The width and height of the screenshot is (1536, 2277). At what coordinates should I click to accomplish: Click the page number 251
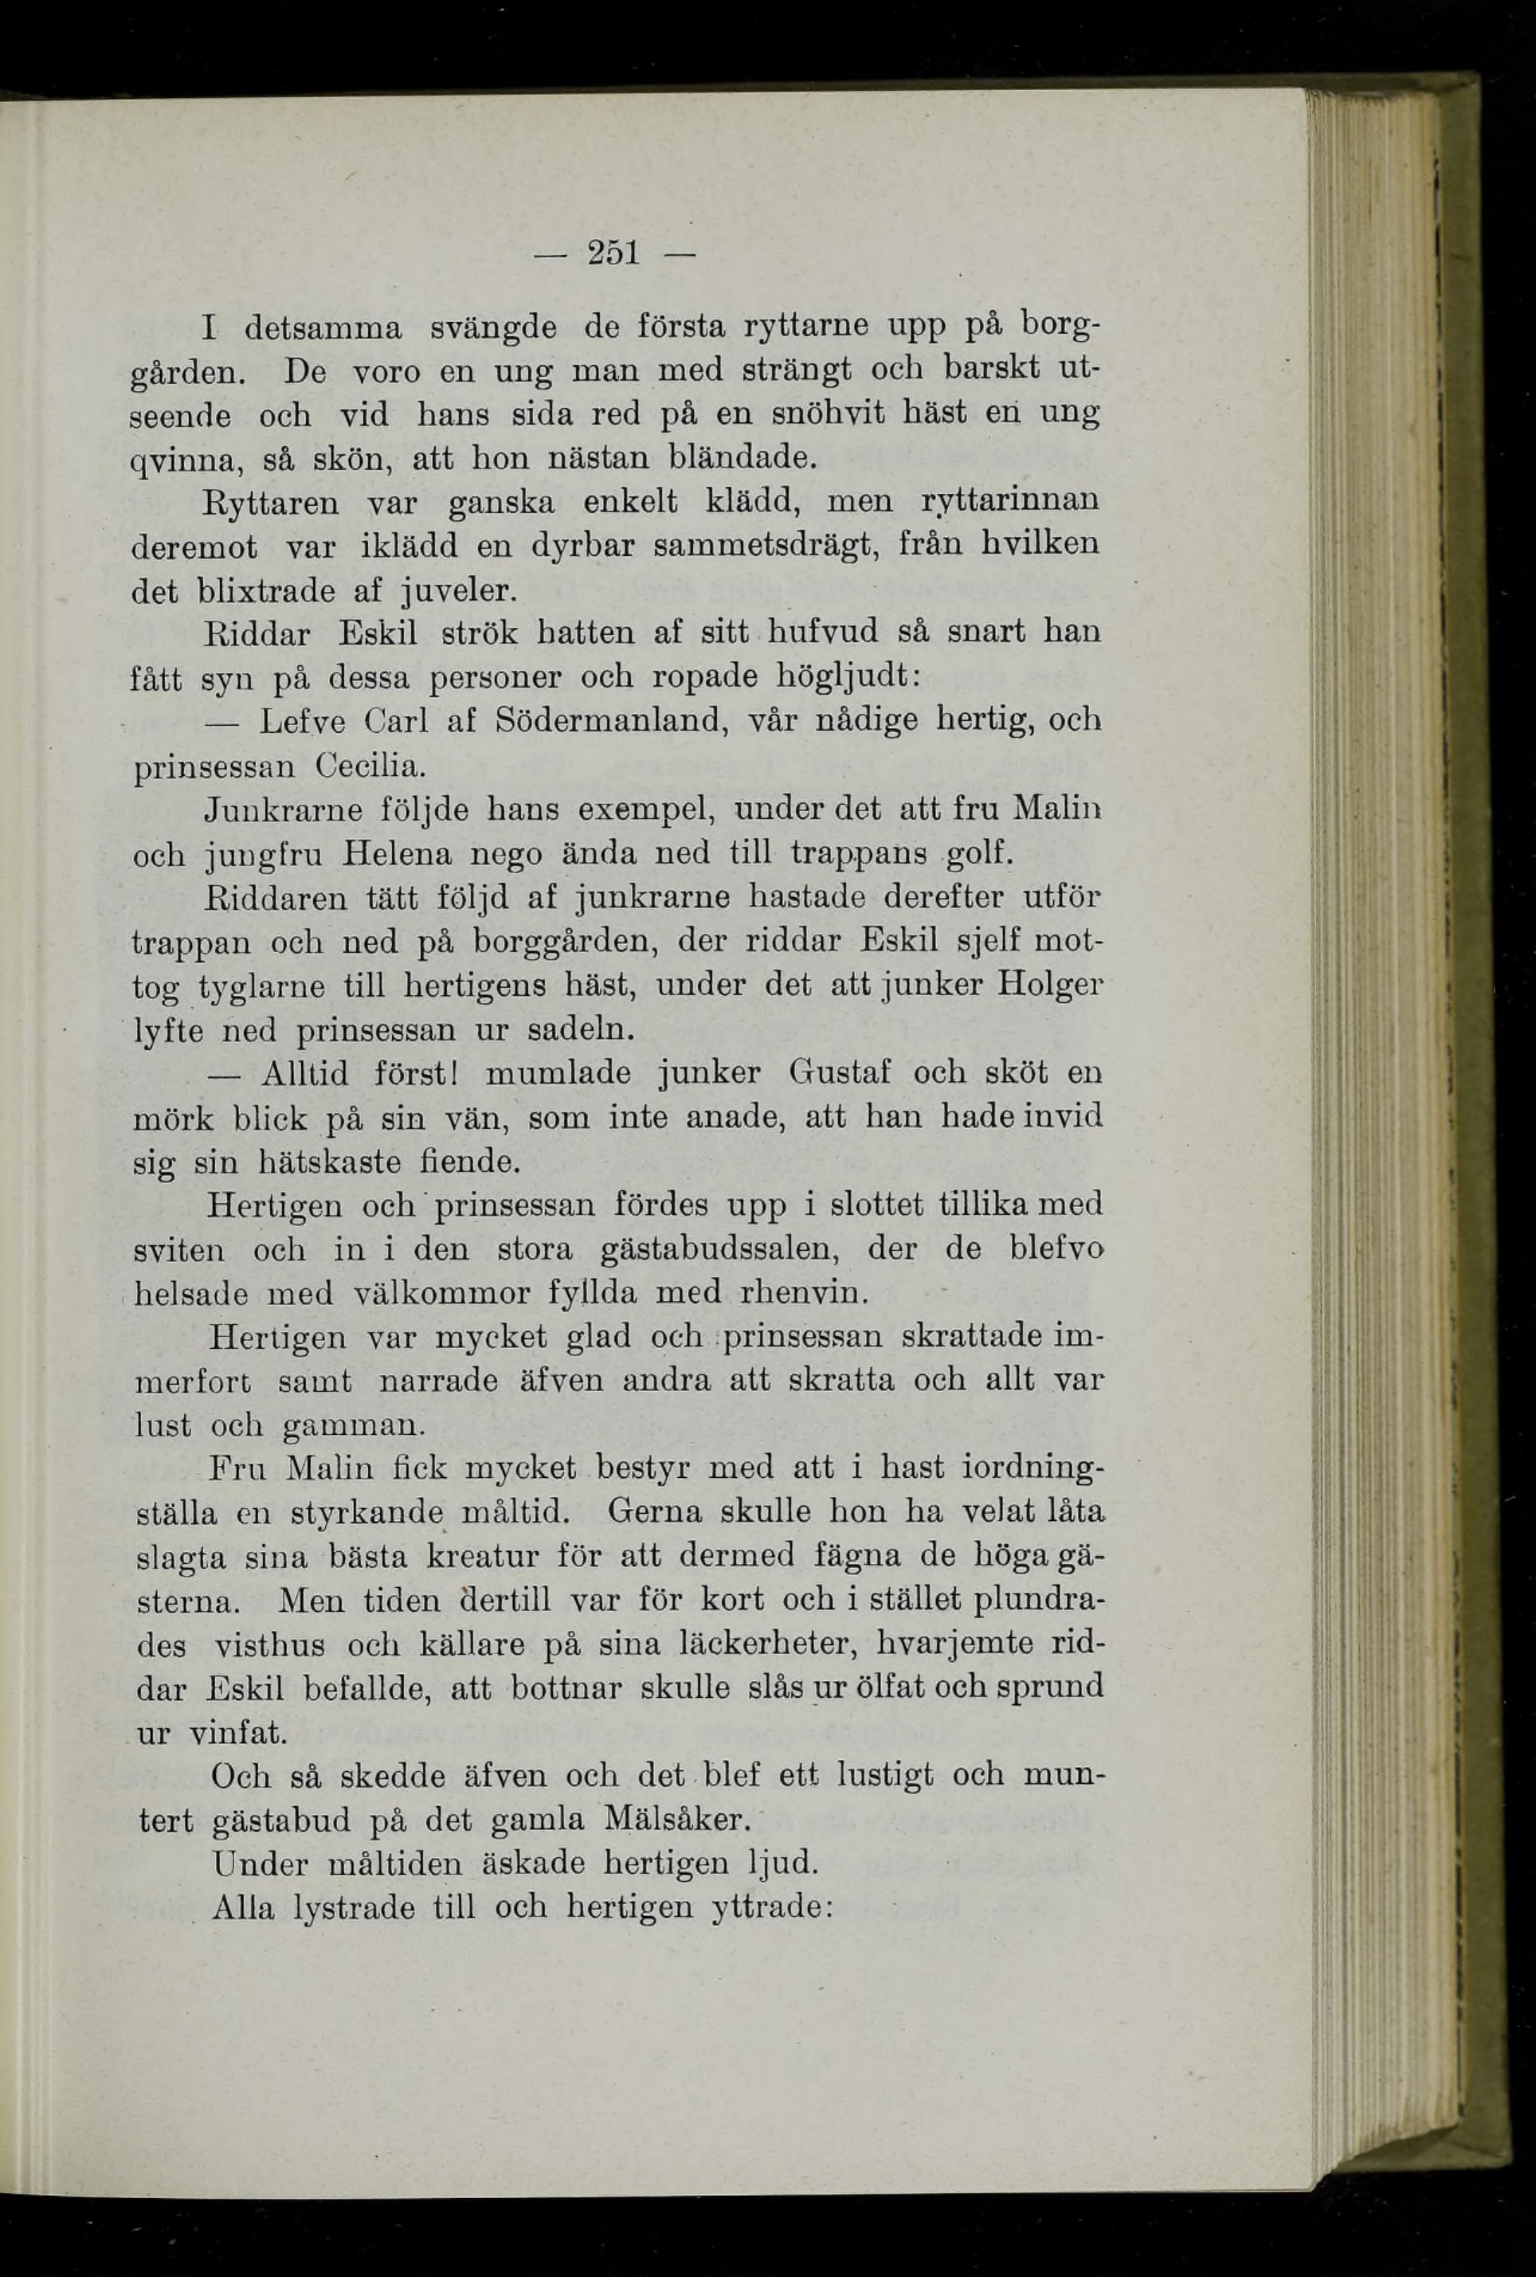coord(613,253)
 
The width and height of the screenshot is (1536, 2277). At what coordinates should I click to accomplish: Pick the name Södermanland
coord(610,722)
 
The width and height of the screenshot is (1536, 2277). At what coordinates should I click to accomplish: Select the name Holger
coord(1050,984)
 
